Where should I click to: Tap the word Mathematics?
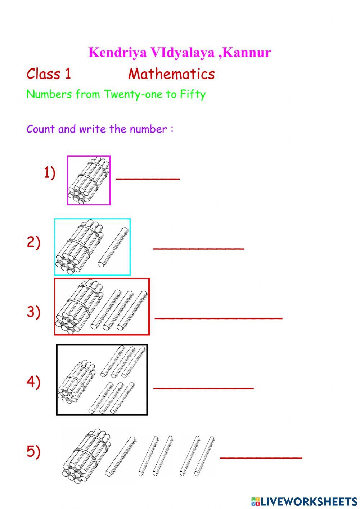pyautogui.click(x=171, y=74)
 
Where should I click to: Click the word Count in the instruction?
pyautogui.click(x=40, y=129)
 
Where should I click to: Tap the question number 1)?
pyautogui.click(x=50, y=173)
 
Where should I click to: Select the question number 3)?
pyautogui.click(x=33, y=312)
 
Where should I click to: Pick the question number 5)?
pyautogui.click(x=33, y=451)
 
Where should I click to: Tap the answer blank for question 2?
pyautogui.click(x=198, y=248)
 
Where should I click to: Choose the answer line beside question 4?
pyautogui.click(x=203, y=388)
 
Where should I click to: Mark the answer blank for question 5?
pyautogui.click(x=261, y=457)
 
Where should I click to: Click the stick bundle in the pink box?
pyautogui.click(x=88, y=180)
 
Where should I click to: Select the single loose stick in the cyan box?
pyautogui.click(x=113, y=247)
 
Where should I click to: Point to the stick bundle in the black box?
pyautogui.click(x=76, y=381)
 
